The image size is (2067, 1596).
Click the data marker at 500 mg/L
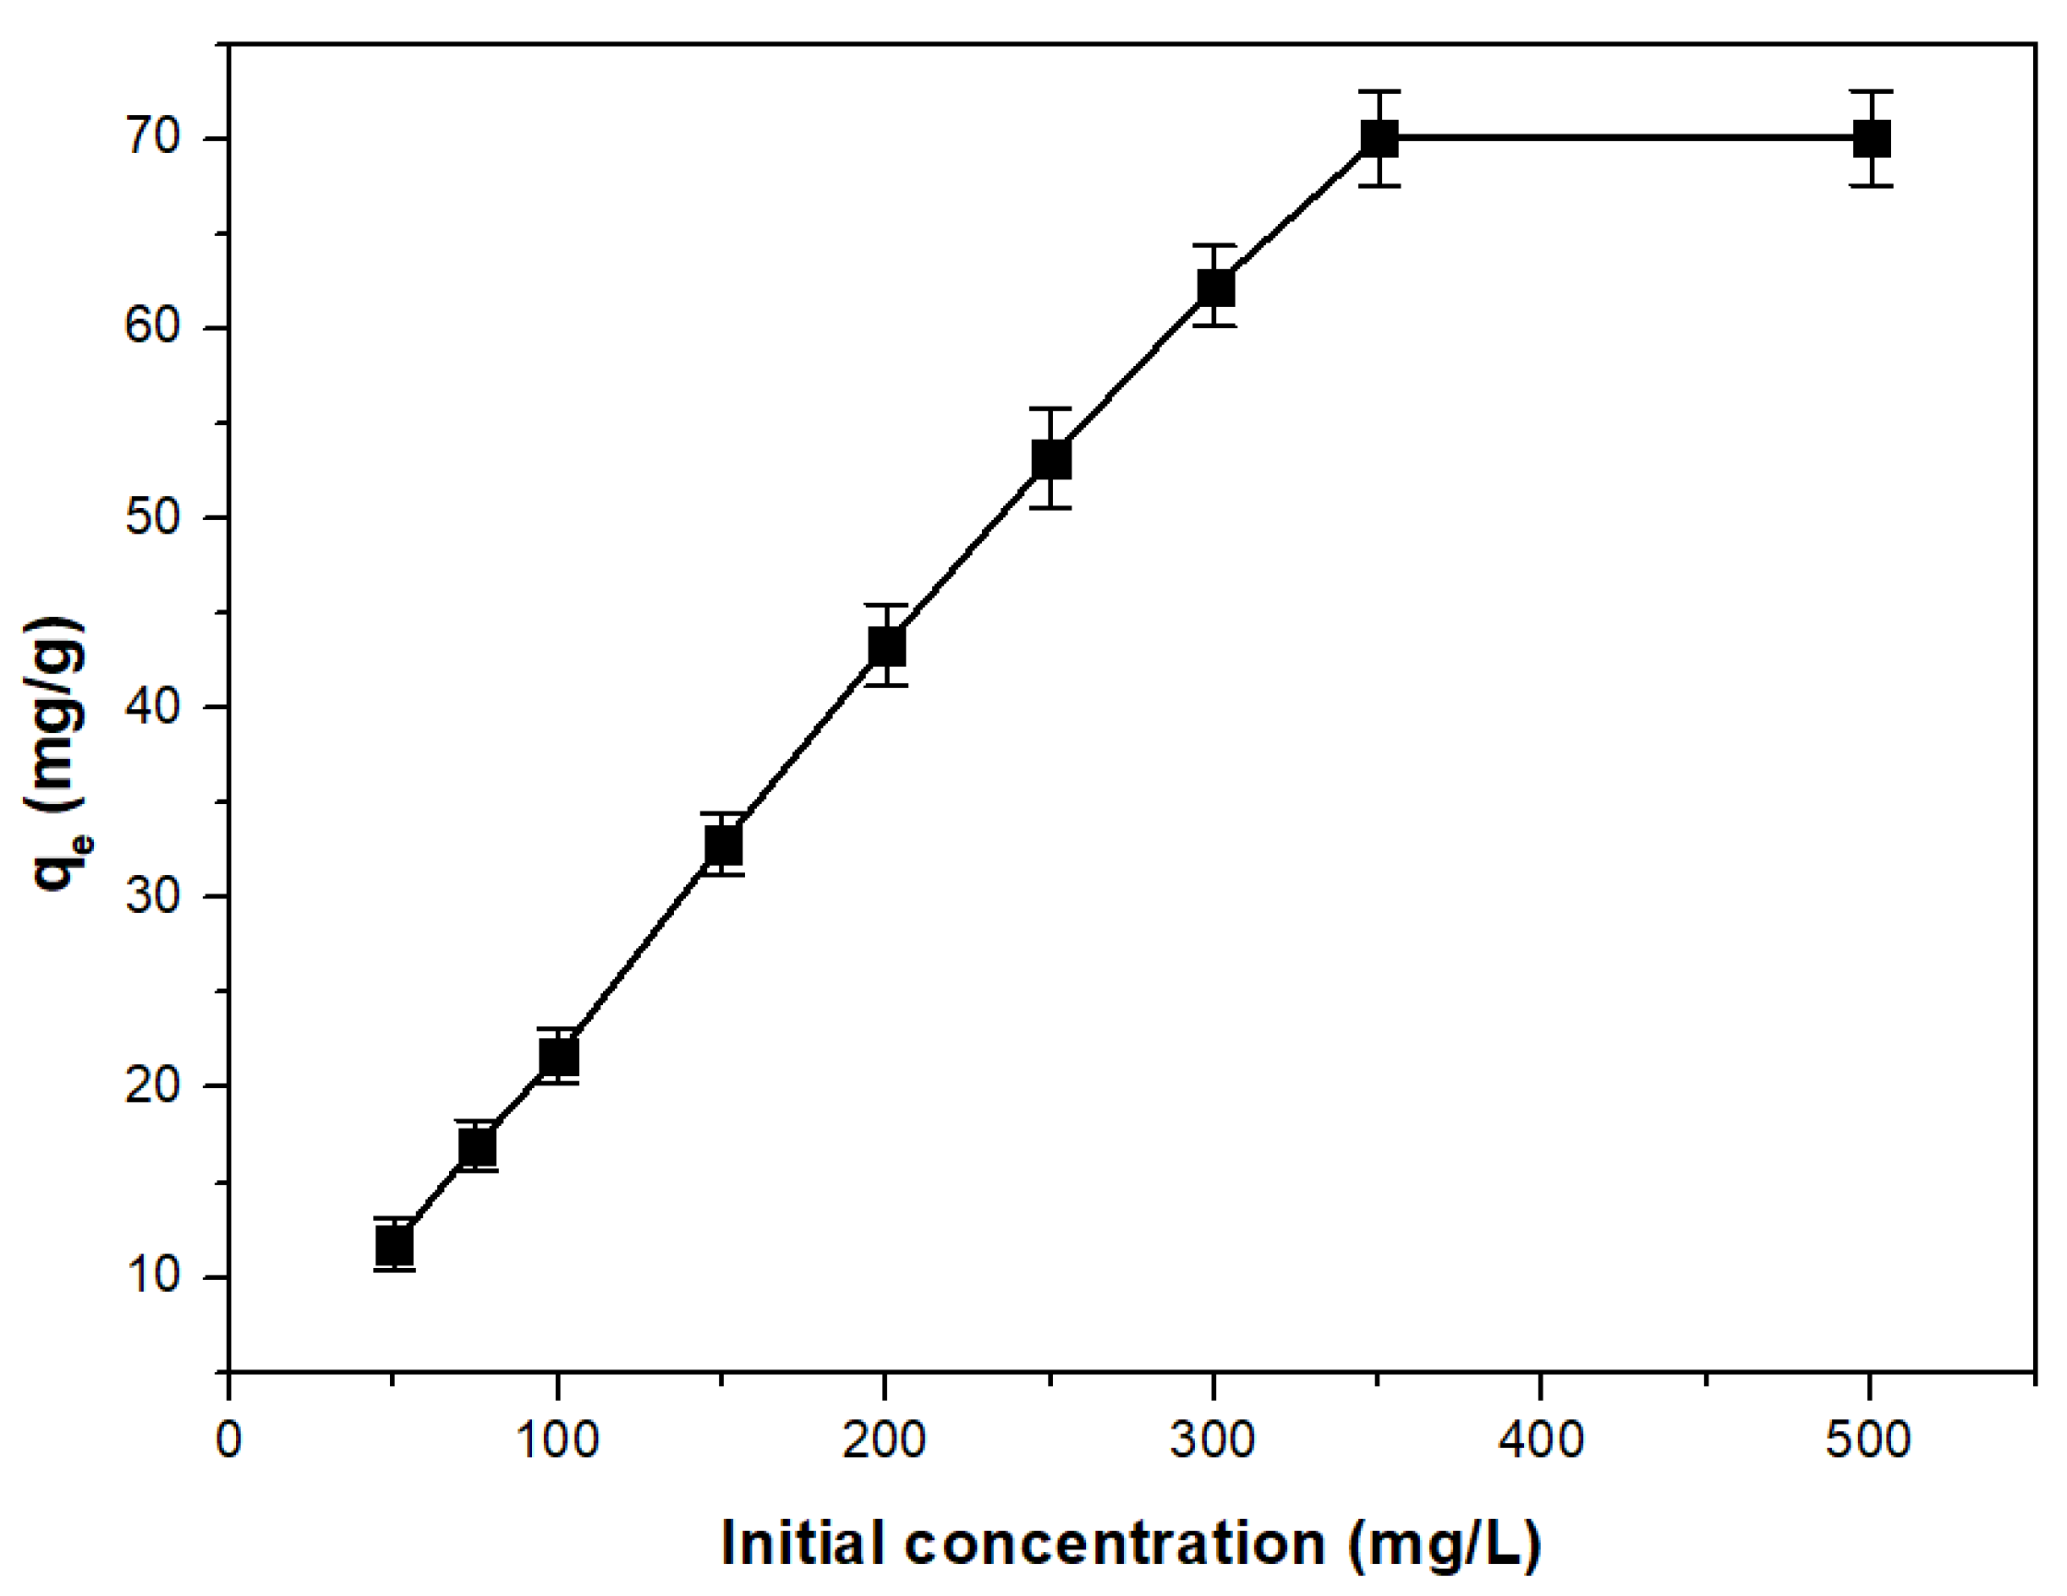(1871, 139)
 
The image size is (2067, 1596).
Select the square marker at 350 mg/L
(1379, 139)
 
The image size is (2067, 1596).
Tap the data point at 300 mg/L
(1215, 287)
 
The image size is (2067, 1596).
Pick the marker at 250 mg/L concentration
(1050, 460)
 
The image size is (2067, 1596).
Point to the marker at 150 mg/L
(723, 844)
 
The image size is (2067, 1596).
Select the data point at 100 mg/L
(558, 1056)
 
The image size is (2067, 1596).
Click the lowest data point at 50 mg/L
(395, 1245)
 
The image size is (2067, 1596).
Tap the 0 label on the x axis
(229, 1440)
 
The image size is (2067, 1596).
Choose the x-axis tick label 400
(1542, 1440)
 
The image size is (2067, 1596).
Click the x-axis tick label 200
(885, 1440)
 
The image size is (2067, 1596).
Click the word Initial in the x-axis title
(806, 1543)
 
